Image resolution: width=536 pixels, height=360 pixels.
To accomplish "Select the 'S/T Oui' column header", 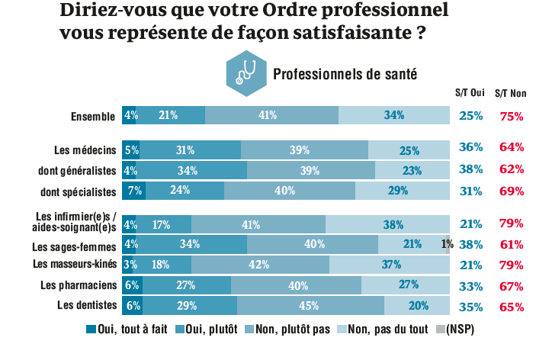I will (x=470, y=94).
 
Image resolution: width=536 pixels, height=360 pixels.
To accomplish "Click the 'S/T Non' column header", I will (x=510, y=94).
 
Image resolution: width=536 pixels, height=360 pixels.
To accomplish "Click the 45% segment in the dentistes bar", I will (x=310, y=306).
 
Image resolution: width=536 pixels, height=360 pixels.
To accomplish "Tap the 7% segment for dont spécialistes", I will (x=133, y=190).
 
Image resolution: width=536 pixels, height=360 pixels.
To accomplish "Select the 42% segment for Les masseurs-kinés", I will (x=260, y=265).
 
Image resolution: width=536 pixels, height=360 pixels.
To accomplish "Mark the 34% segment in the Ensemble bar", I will (x=394, y=115).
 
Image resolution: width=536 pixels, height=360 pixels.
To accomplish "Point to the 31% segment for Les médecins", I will (x=190, y=149).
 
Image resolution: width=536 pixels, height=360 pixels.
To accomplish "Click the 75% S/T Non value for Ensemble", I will (x=511, y=116).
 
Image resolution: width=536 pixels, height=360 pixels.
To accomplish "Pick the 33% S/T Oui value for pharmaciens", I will (x=471, y=286).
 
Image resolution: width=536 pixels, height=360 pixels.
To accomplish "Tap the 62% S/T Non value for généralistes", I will (x=511, y=169).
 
